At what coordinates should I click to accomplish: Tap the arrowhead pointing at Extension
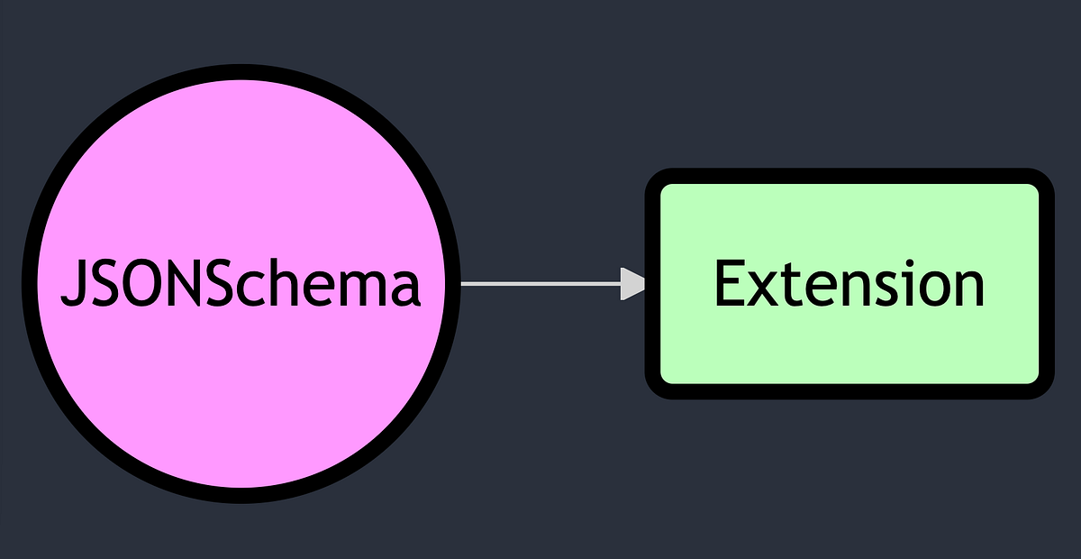(x=634, y=284)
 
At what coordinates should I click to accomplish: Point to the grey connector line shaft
(x=540, y=284)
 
